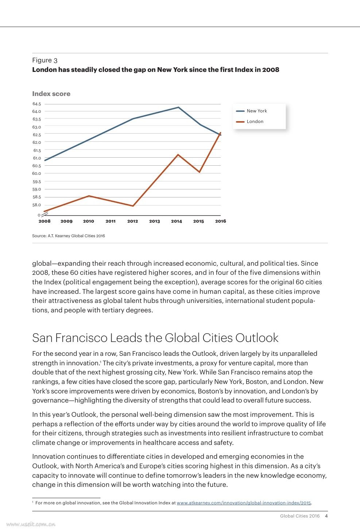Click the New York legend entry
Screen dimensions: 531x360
click(x=256, y=111)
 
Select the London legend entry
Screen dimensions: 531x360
click(x=255, y=122)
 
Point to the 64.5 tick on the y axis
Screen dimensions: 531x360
click(x=37, y=104)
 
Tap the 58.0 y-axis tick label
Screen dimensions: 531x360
click(x=37, y=205)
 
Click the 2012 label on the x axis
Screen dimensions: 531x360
click(x=132, y=221)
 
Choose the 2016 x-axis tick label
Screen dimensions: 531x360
click(x=220, y=221)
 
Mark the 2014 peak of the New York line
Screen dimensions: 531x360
click(x=178, y=107)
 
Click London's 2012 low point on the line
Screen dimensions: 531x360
click(x=133, y=206)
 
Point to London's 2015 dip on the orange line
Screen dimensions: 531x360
click(x=200, y=172)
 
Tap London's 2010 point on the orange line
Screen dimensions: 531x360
click(x=89, y=196)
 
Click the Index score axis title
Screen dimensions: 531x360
click(x=51, y=94)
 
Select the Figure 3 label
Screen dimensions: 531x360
click(x=44, y=60)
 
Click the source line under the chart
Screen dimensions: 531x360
click(x=69, y=236)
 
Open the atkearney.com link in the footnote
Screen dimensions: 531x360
click(x=244, y=503)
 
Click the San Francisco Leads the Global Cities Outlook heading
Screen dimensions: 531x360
click(x=155, y=338)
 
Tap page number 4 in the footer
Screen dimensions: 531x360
click(x=326, y=516)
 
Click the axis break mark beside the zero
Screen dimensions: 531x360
click(x=44, y=215)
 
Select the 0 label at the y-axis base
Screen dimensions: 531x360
click(x=39, y=215)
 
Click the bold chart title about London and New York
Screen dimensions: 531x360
click(x=155, y=70)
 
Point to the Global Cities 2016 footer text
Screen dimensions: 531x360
click(x=299, y=516)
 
